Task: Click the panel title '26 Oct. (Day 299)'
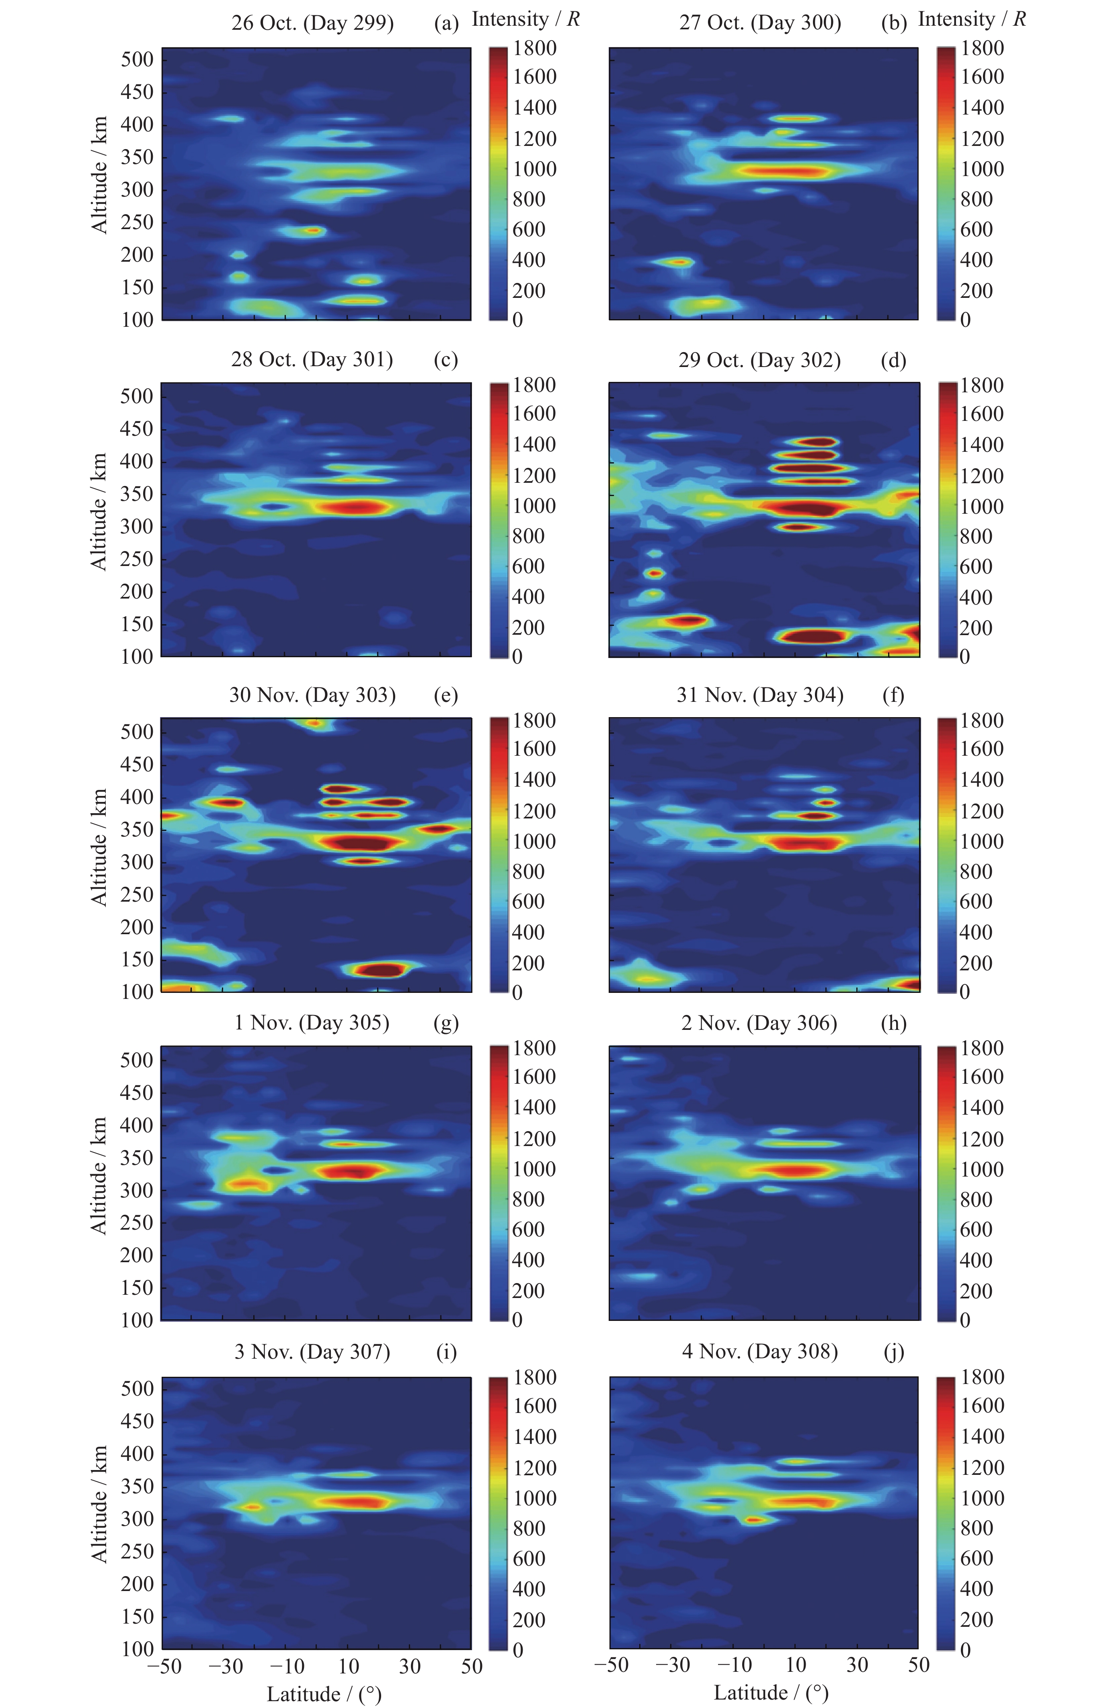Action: tap(312, 24)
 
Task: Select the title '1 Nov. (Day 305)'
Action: tap(312, 1023)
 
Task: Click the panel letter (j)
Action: tap(893, 1352)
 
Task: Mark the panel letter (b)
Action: tap(893, 24)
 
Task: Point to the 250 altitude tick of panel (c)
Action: tap(137, 559)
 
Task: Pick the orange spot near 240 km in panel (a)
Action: tap(314, 230)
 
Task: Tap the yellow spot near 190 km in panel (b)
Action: tap(677, 262)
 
